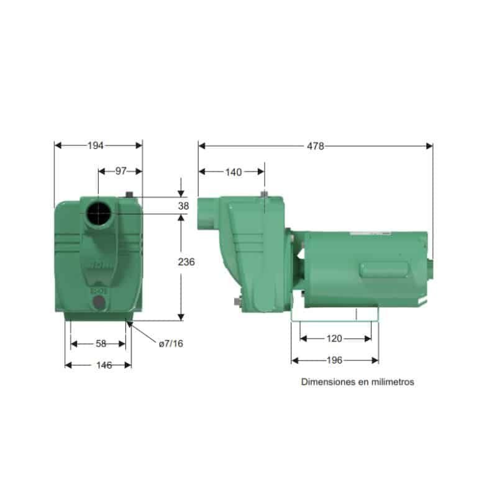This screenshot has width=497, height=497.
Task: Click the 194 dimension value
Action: [x=96, y=145]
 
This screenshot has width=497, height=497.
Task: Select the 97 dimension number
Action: [x=121, y=171]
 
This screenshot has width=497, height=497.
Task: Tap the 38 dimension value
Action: [x=183, y=206]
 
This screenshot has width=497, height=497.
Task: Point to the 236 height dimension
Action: [x=186, y=262]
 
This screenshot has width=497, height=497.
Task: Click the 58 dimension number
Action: [x=101, y=344]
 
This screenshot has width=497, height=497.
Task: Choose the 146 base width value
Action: [x=104, y=365]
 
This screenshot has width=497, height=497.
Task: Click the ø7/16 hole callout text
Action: [x=171, y=344]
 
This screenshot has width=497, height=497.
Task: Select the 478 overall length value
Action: [x=316, y=146]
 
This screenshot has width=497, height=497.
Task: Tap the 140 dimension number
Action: [x=234, y=172]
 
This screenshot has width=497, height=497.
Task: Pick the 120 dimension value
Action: [x=334, y=339]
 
